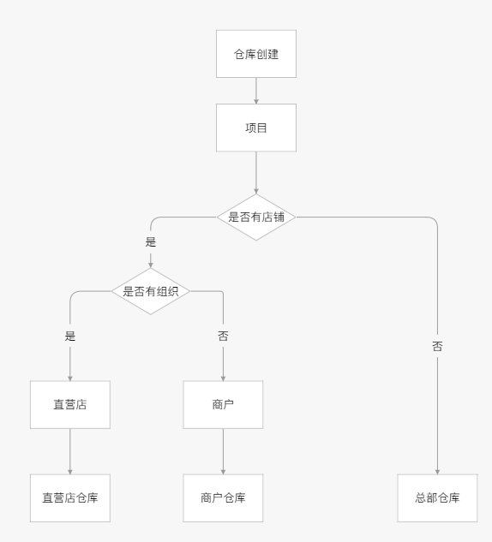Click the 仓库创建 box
pyautogui.click(x=256, y=54)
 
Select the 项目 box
pyautogui.click(x=256, y=128)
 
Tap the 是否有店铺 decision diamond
pyautogui.click(x=256, y=217)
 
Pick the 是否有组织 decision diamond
pyautogui.click(x=151, y=291)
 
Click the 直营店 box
pyautogui.click(x=70, y=404)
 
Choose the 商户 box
pyautogui.click(x=223, y=404)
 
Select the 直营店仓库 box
pyautogui.click(x=70, y=497)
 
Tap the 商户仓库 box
pyautogui.click(x=223, y=497)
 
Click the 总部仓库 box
pyautogui.click(x=437, y=497)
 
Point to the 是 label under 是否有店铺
pyautogui.click(x=151, y=242)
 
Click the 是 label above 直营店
pyautogui.click(x=70, y=336)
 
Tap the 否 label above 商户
pyautogui.click(x=223, y=336)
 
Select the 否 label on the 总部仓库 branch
pyautogui.click(x=437, y=347)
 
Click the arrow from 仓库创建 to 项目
pyautogui.click(x=256, y=91)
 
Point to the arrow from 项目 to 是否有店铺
pyautogui.click(x=256, y=172)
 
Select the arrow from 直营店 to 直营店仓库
pyautogui.click(x=70, y=451)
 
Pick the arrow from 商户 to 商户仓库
pyautogui.click(x=223, y=451)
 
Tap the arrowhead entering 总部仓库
pyautogui.click(x=437, y=472)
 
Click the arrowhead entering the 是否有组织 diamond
pyautogui.click(x=151, y=265)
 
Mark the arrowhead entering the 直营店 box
pyautogui.click(x=70, y=378)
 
